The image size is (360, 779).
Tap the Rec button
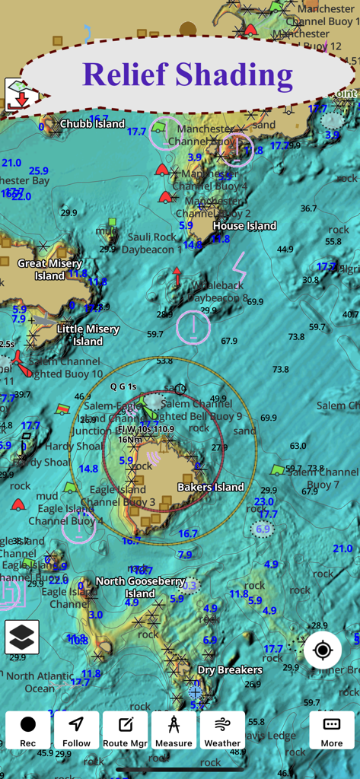click(28, 730)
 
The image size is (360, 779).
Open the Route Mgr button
click(126, 730)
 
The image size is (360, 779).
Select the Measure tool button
click(174, 730)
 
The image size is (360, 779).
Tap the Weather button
click(222, 730)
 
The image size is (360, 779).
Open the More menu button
click(332, 730)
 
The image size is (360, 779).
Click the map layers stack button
click(22, 638)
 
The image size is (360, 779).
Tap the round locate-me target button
click(323, 650)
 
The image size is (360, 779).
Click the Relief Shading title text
click(187, 75)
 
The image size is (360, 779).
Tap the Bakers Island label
click(211, 487)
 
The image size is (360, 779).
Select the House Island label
click(244, 226)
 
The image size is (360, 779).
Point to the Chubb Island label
click(92, 124)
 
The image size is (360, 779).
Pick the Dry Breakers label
click(230, 670)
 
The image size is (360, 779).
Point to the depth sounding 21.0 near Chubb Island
click(11, 163)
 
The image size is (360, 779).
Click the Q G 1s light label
click(123, 386)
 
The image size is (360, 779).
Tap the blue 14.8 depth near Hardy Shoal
click(88, 469)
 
